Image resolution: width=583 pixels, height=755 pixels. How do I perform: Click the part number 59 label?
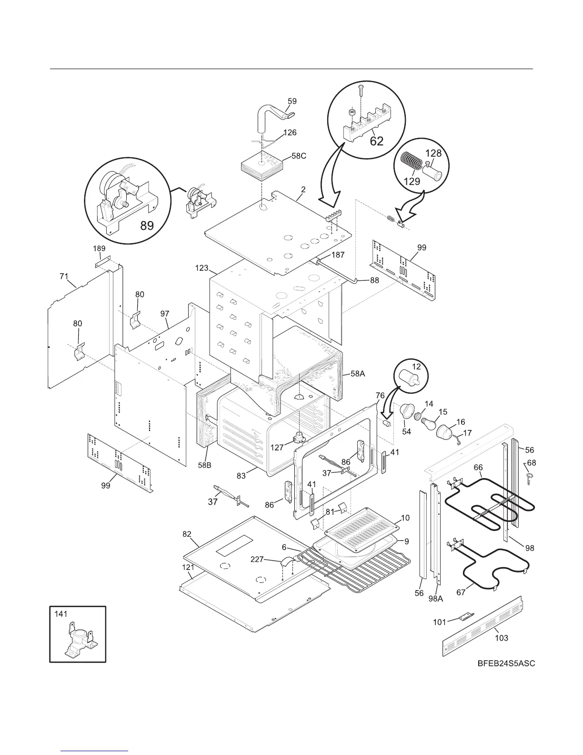pyautogui.click(x=292, y=101)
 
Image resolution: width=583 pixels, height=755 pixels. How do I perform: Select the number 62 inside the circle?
pyautogui.click(x=376, y=142)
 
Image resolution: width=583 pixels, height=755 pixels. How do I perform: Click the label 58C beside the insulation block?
pyautogui.click(x=299, y=156)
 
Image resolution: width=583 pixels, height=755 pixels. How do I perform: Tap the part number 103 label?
pyautogui.click(x=501, y=638)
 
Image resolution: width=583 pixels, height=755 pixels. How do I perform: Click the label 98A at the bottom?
pyautogui.click(x=435, y=599)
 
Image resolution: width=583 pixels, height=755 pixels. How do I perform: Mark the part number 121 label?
pyautogui.click(x=188, y=567)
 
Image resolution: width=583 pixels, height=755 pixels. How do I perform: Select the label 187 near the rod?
pyautogui.click(x=337, y=255)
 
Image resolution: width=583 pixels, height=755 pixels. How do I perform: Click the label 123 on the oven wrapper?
pyautogui.click(x=202, y=268)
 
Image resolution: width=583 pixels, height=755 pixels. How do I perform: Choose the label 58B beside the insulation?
pyautogui.click(x=204, y=465)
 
